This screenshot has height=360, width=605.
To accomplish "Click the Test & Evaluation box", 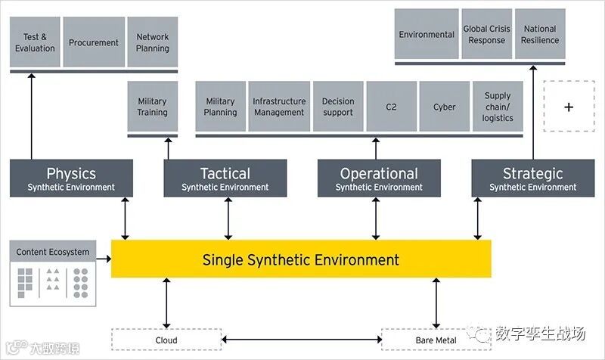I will point(35,42).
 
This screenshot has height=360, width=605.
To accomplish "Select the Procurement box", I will point(93,42).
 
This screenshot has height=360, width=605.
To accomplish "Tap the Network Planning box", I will point(153,42).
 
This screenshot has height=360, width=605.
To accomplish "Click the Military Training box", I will point(153,107).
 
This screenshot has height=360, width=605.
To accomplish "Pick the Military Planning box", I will point(220,107).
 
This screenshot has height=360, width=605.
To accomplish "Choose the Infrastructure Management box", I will point(279,107).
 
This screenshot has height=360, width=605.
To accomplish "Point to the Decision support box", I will point(338,107).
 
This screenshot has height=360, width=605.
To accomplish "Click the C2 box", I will point(391,107).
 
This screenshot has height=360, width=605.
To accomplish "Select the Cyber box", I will point(445,107).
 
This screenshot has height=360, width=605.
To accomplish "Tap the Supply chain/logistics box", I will point(498,107).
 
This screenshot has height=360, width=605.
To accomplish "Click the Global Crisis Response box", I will point(486,34).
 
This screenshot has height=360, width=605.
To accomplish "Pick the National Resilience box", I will point(540,34).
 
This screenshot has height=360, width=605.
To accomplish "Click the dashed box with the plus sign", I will point(569,107).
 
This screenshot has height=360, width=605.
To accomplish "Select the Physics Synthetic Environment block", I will point(71,178).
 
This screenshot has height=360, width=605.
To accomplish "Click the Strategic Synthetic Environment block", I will point(532,178).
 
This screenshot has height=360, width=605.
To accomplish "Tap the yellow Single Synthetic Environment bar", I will point(301,259).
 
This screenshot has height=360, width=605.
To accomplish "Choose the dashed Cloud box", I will point(166,340).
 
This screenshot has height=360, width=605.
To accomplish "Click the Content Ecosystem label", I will point(53,252).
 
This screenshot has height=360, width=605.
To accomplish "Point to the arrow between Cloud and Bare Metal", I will point(301,340).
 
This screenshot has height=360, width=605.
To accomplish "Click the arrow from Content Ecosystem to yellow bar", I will point(104,259).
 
